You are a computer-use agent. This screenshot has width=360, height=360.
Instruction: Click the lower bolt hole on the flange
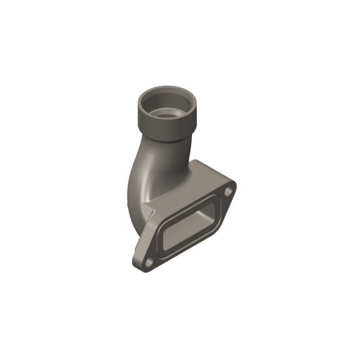(x=149, y=263)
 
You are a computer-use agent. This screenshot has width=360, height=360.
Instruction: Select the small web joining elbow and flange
(x=146, y=212)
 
